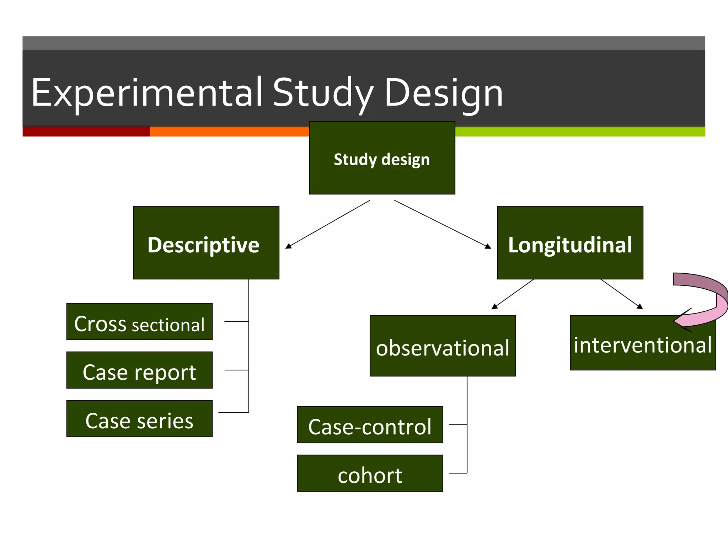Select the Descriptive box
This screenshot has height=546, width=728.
(206, 242)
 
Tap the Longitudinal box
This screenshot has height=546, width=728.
(570, 242)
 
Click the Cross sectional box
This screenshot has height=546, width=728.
(139, 322)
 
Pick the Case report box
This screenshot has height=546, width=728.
(139, 370)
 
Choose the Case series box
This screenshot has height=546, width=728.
(139, 419)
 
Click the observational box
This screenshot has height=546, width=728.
(443, 346)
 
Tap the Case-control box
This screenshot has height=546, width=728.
(370, 425)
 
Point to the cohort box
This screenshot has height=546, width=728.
(370, 473)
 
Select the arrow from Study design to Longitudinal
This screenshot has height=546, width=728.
(443, 224)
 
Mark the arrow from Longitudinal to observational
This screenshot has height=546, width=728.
(513, 294)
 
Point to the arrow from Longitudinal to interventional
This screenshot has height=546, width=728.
(622, 294)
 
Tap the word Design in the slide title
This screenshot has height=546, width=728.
(443, 93)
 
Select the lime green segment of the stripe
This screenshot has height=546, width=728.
(580, 132)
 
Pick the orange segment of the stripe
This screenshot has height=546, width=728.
(229, 132)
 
